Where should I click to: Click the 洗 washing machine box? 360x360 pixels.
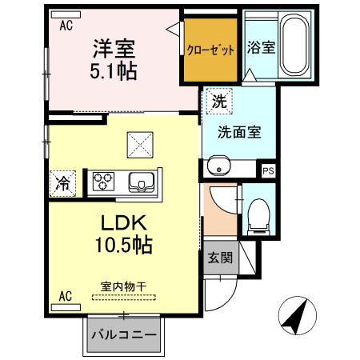coord(218,102)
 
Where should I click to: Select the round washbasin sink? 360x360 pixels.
coord(217,167)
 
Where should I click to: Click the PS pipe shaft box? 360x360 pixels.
coord(268,170)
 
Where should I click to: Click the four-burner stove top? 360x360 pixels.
coord(104,182)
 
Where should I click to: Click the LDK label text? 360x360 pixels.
coord(118,222)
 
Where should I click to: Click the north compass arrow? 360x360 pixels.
coord(297,316)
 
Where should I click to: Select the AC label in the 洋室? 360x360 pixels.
coord(66,25)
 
